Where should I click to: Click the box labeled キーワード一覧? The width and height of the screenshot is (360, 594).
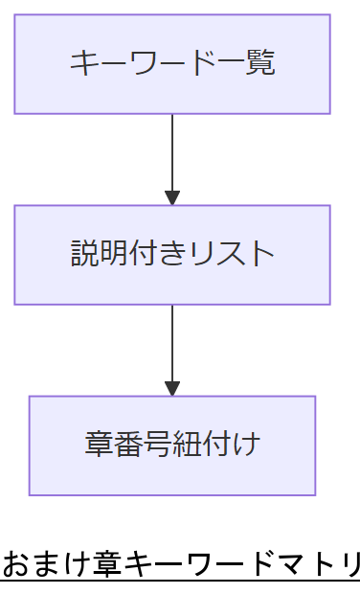tap(172, 64)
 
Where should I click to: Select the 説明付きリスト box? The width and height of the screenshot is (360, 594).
tap(172, 255)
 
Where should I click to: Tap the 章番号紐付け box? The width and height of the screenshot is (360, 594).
tap(172, 445)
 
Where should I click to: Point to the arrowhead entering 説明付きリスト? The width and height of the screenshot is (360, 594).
tap(172, 198)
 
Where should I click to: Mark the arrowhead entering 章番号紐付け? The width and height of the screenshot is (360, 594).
tap(172, 389)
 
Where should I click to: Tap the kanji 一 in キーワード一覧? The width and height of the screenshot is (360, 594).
tap(236, 63)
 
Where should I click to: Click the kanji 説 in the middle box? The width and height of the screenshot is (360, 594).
tap(83, 254)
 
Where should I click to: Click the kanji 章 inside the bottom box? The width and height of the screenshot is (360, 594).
tap(97, 445)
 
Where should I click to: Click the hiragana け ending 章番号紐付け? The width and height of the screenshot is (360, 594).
tap(248, 445)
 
